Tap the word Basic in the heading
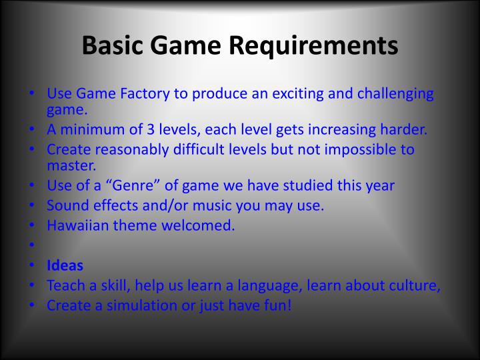pyautogui.click(x=111, y=46)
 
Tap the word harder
pyautogui.click(x=402, y=130)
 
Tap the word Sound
pyautogui.click(x=67, y=205)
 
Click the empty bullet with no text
pyautogui.click(x=31, y=245)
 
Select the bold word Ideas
pyautogui.click(x=65, y=265)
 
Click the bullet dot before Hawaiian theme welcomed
pyautogui.click(x=31, y=225)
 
